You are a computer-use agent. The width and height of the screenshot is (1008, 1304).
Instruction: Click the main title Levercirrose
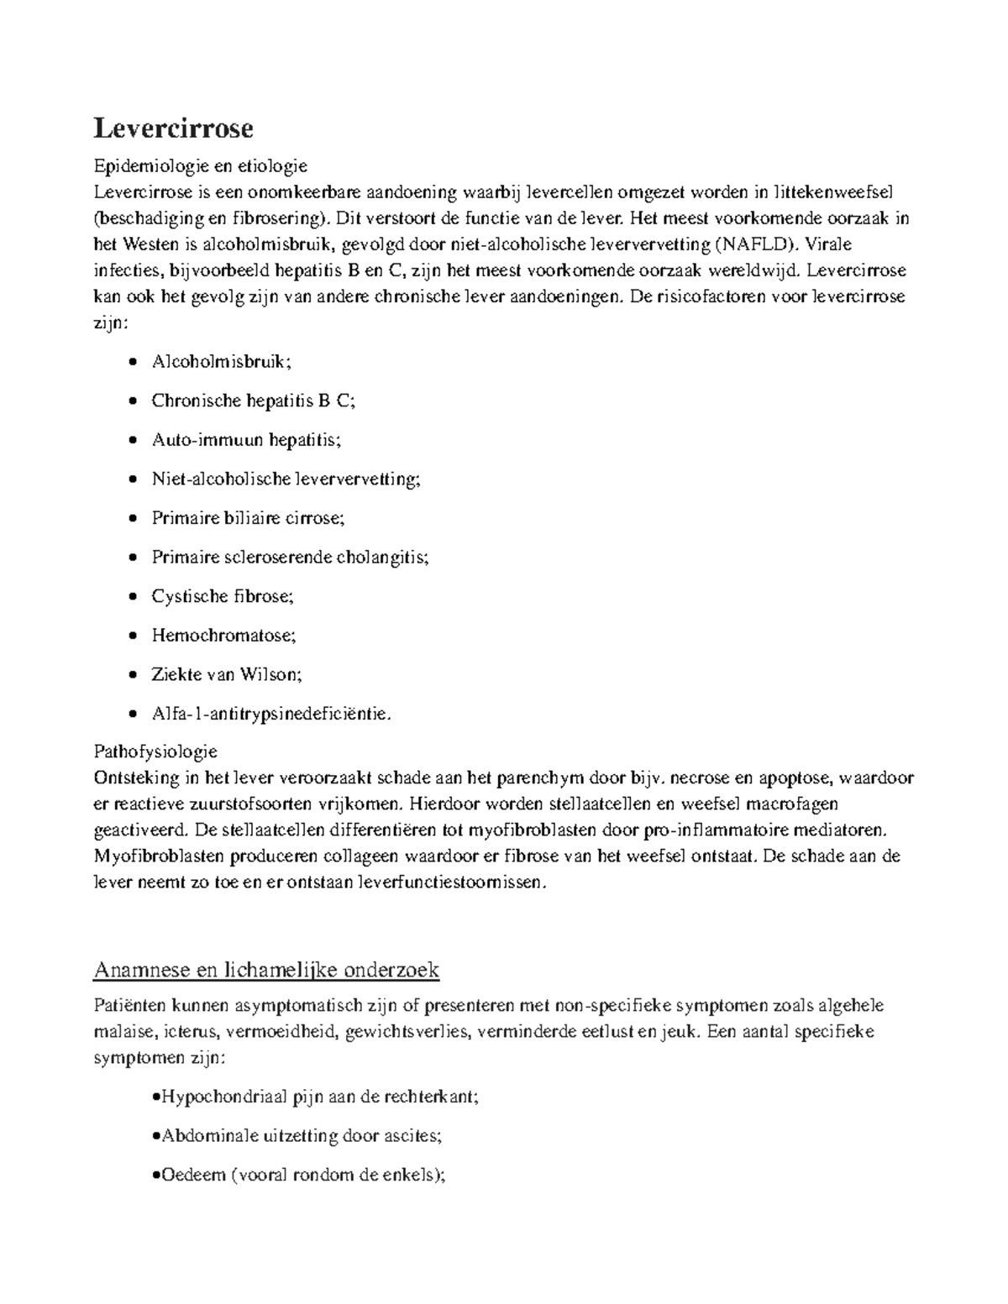173,128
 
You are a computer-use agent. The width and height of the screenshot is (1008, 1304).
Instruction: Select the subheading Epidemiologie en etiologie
201,165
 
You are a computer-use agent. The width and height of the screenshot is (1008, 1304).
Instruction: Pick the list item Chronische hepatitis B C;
253,401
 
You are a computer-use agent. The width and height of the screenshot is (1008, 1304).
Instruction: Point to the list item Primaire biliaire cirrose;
248,518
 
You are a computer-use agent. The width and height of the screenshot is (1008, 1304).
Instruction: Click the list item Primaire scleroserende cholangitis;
289,557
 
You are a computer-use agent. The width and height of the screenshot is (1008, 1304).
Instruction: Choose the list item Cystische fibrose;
223,596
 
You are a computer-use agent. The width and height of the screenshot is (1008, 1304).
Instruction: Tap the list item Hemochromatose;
223,635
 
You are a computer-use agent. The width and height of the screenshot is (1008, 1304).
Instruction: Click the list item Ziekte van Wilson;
226,674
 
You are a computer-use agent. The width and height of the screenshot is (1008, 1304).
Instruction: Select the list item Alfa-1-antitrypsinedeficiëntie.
271,714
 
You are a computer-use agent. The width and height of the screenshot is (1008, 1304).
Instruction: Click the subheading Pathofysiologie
155,750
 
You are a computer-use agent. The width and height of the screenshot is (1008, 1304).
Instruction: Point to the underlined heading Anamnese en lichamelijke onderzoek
266,971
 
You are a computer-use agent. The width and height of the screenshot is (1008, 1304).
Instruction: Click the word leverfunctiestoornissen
451,882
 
